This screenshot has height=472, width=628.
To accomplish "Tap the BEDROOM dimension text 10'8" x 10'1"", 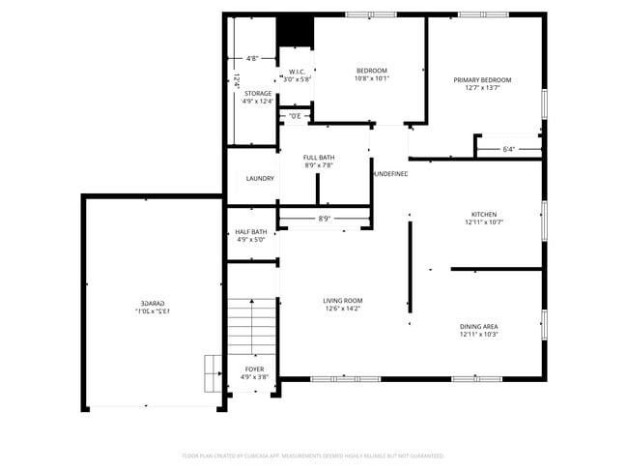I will point(371,79).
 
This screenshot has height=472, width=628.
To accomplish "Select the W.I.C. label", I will point(297,72).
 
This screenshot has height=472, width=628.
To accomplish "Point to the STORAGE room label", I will point(258,93).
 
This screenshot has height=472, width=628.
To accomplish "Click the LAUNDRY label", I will point(260,178).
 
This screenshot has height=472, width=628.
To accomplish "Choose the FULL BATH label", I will point(319,158).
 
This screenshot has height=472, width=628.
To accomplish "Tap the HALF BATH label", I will point(250,232).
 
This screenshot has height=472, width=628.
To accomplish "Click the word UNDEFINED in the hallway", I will point(390,174).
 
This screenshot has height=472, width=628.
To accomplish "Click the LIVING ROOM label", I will point(342,301).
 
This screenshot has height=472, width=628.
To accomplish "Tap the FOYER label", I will point(254,369).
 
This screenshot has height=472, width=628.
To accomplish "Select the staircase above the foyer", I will point(253,326).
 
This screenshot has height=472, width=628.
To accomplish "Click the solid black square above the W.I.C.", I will point(295,32).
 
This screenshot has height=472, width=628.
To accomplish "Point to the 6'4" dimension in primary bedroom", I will point(509,149).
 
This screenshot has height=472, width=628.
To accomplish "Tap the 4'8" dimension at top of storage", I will point(252,59).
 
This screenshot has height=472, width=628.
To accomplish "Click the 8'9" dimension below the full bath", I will point(326,219).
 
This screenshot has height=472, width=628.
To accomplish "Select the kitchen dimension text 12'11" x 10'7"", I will point(483,222).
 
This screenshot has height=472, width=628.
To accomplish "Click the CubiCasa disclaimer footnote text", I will point(313,455).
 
